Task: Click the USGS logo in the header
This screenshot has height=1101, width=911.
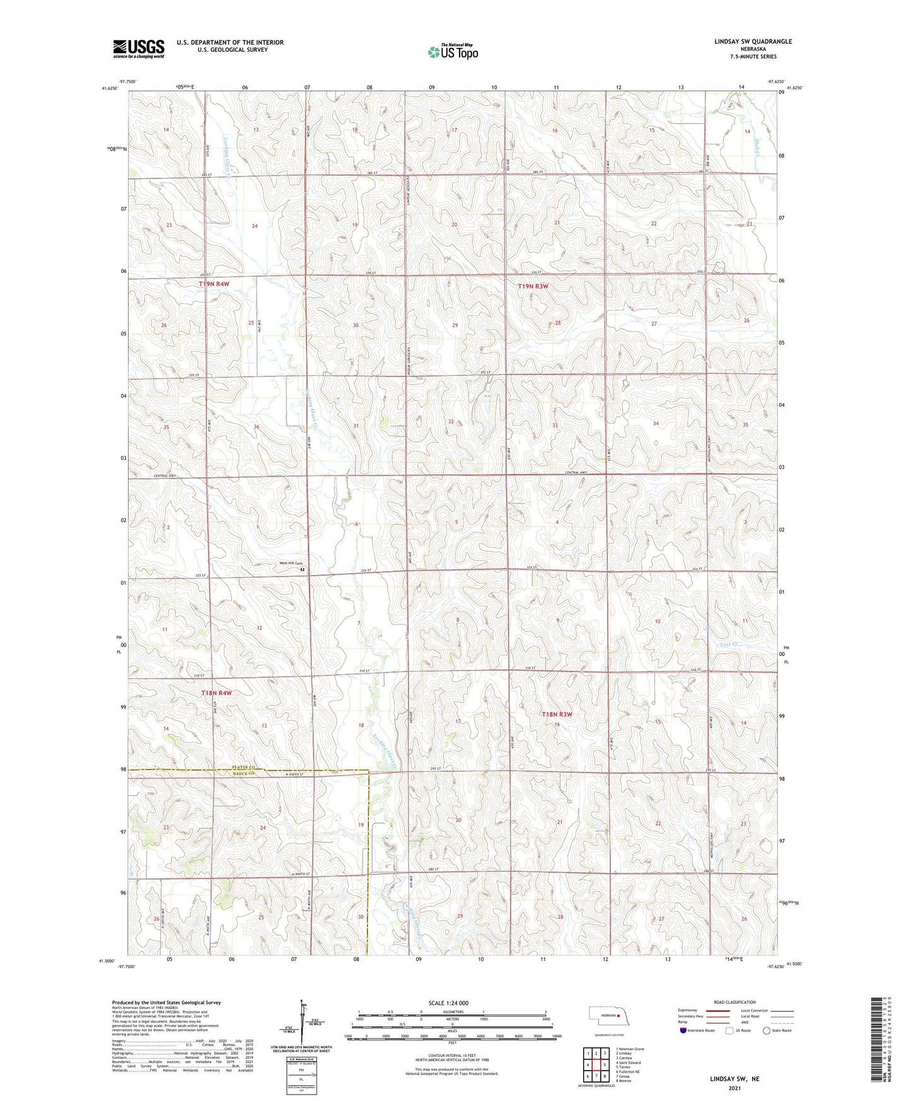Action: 138,49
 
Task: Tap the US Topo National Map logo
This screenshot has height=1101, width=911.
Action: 453,52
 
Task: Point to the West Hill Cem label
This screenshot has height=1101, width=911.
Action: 287,564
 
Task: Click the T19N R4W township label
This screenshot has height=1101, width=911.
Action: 214,284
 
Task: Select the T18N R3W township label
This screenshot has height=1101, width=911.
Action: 557,714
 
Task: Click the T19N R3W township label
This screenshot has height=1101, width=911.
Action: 533,286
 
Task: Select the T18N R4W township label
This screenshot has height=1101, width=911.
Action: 216,693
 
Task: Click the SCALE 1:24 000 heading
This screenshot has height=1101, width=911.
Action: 448,1003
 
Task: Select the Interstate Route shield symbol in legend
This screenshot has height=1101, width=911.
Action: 684,1030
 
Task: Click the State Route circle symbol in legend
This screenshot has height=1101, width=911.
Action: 767,1030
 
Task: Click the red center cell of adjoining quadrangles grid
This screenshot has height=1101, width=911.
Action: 596,1065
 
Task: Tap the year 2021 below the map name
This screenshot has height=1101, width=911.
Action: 733,1088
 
